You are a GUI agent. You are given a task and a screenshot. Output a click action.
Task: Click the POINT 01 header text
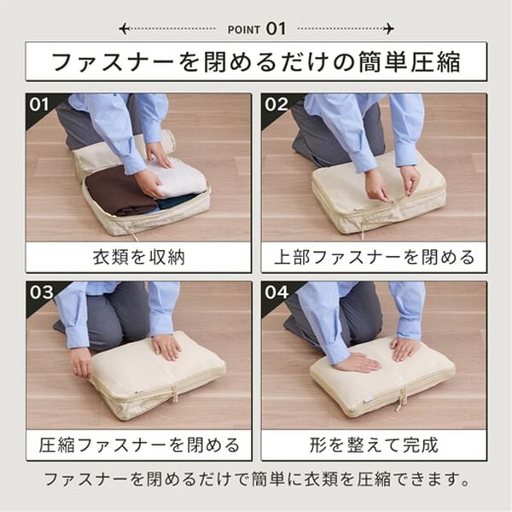[256, 28]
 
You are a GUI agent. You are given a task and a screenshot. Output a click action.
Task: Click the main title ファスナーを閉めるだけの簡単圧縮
[256, 62]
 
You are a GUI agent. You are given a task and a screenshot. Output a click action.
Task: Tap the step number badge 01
[39, 106]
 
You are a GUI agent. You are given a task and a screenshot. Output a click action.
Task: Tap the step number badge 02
[276, 106]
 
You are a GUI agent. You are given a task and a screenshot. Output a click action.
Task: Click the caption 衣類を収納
[138, 257]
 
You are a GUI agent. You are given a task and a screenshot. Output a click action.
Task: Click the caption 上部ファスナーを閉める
[374, 257]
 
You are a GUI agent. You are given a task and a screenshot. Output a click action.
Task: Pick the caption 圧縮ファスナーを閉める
[138, 445]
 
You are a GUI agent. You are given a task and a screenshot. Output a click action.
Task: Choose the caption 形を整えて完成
[374, 445]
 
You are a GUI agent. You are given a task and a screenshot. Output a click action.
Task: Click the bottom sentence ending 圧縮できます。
[256, 479]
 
